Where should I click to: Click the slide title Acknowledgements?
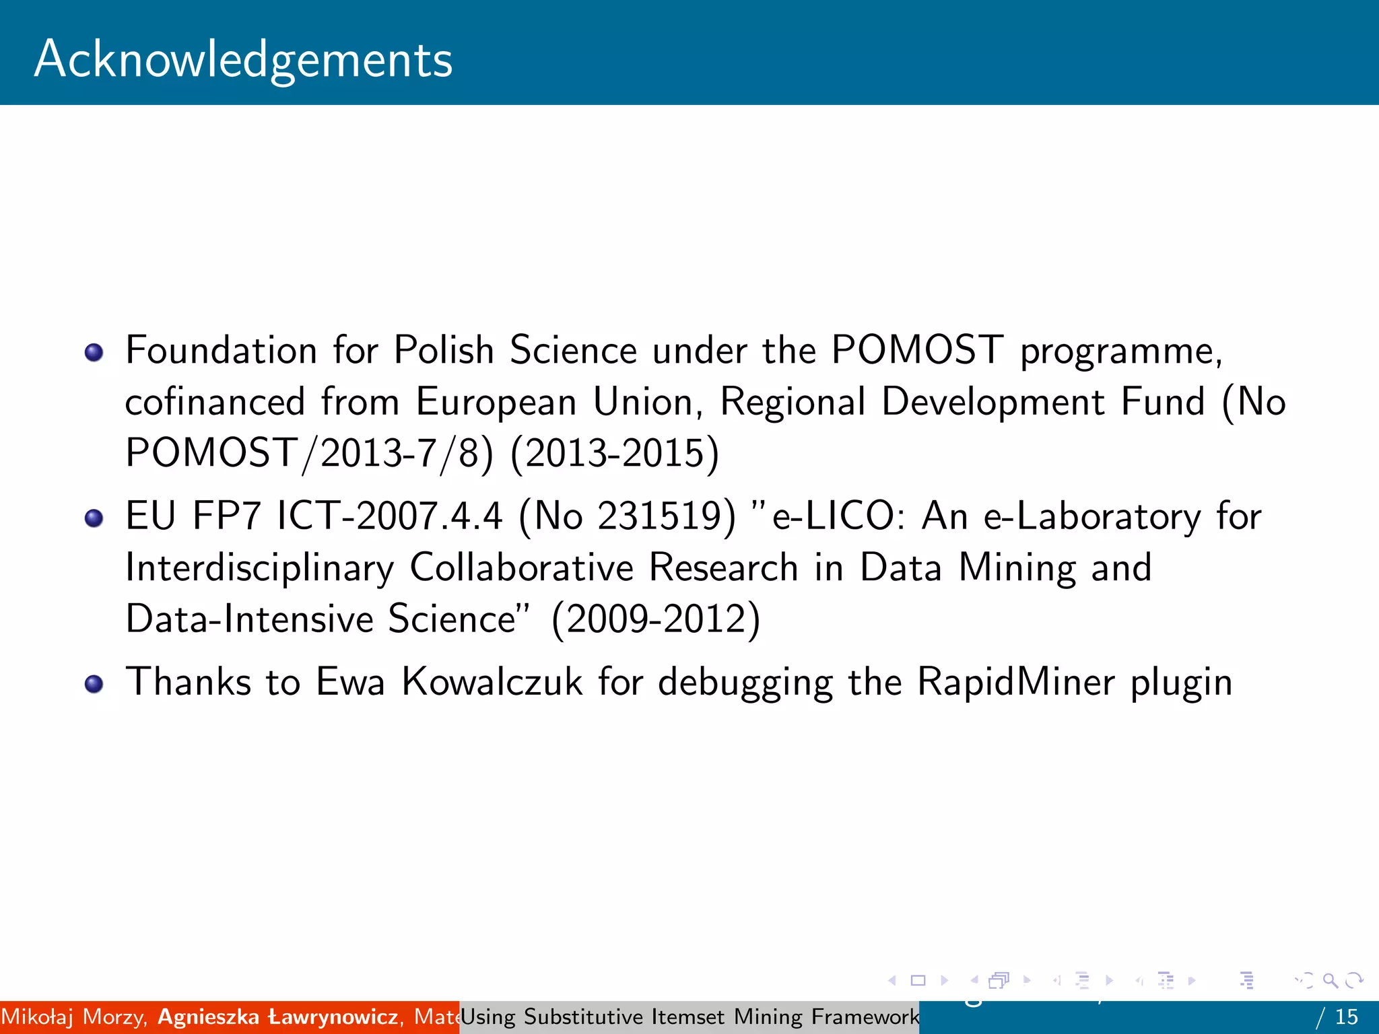pyautogui.click(x=243, y=59)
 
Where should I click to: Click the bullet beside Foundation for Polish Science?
pyautogui.click(x=94, y=352)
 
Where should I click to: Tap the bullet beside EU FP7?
pyautogui.click(x=94, y=518)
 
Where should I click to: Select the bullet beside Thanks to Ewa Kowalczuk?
pyautogui.click(x=94, y=684)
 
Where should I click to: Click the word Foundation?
pyautogui.click(x=221, y=350)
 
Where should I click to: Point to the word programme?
pyautogui.click(x=1120, y=351)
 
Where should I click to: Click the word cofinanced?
pyautogui.click(x=215, y=402)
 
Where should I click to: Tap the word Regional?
pyautogui.click(x=793, y=402)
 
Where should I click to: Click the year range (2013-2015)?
pyautogui.click(x=615, y=452)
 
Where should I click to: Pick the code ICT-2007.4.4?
pyautogui.click(x=390, y=516)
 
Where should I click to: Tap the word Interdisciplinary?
pyautogui.click(x=259, y=567)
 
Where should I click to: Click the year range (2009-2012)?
pyautogui.click(x=656, y=619)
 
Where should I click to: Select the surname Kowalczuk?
pyautogui.click(x=492, y=682)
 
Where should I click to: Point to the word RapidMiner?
pyautogui.click(x=1016, y=682)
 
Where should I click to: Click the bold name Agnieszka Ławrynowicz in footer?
pyautogui.click(x=277, y=1016)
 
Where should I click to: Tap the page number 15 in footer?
pyautogui.click(x=1347, y=1016)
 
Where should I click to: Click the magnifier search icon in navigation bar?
pyautogui.click(x=1331, y=981)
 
